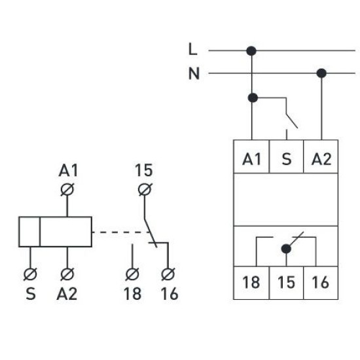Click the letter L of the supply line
192,49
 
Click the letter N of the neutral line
194,73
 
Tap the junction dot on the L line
251,51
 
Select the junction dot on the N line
321,73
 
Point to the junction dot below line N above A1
253,98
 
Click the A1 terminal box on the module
251,156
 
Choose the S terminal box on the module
286,156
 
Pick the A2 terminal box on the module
321,156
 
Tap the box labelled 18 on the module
251,283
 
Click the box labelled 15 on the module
286,283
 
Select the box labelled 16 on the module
321,283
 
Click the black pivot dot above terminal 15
286,249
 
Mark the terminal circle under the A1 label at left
67,190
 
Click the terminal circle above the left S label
30,274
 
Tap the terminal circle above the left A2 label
67,274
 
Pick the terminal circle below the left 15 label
145,190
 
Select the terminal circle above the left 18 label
132,274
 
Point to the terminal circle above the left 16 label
168,274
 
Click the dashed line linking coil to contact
121,232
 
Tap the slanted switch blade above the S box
292,120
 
